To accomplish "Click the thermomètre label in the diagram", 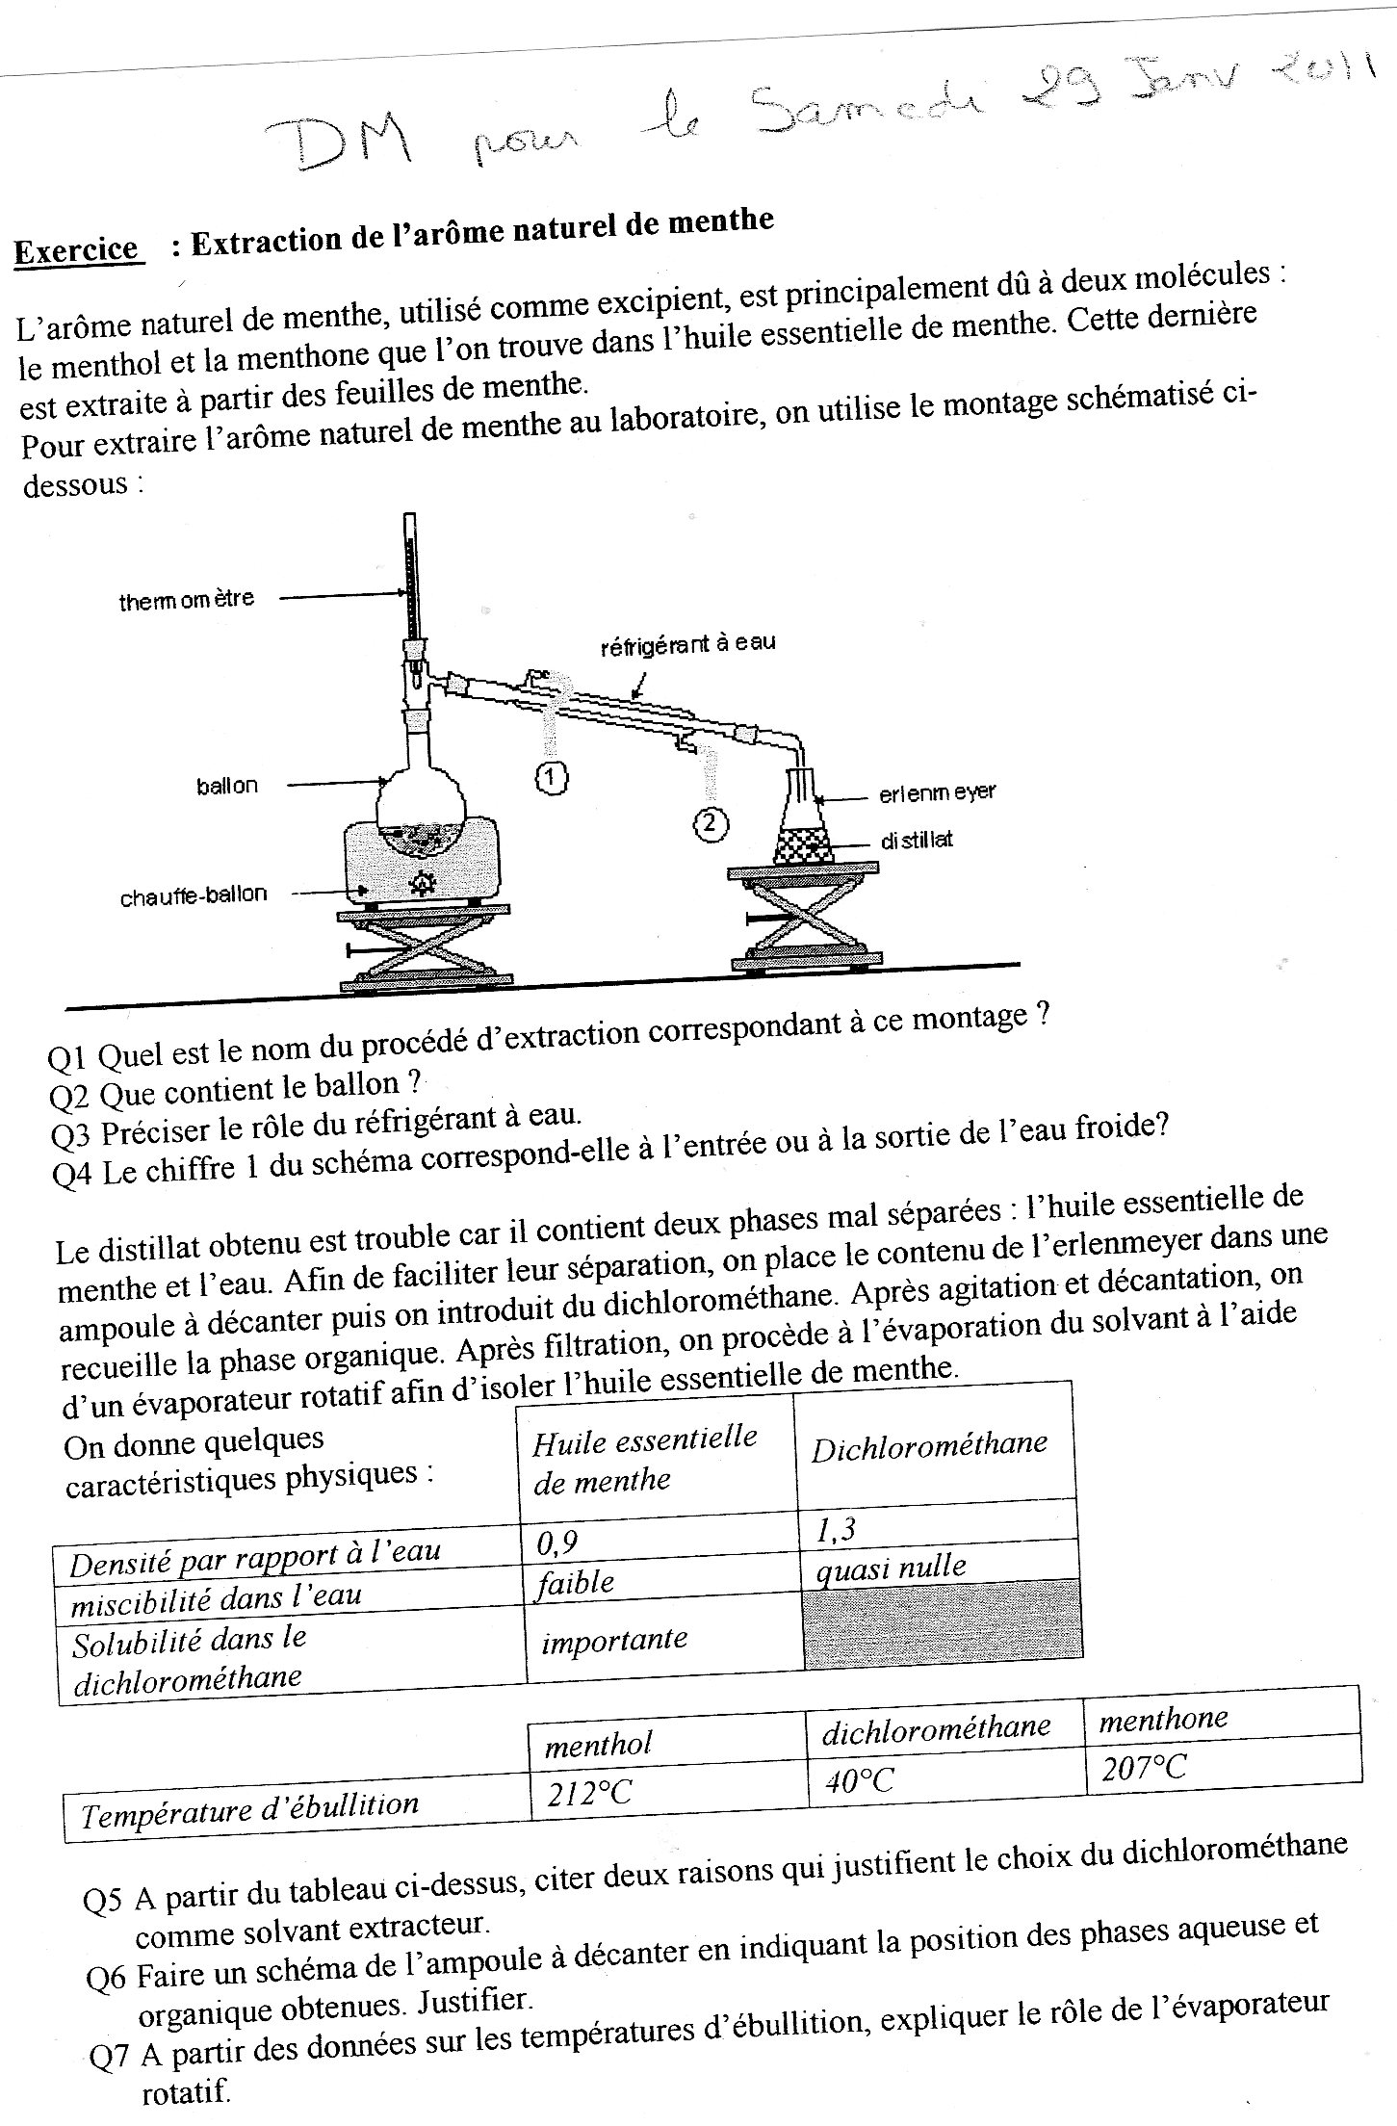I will point(186,602).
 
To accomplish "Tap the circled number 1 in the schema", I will point(551,777).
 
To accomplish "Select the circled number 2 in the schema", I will point(710,823).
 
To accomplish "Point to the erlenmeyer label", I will point(937,793).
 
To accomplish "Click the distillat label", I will point(917,840).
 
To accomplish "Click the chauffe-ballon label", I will point(193,896).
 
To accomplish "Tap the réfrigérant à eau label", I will point(687,644).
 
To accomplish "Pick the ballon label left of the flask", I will point(227,786).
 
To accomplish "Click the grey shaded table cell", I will point(942,1620).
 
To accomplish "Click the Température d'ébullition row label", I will point(250,1809).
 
